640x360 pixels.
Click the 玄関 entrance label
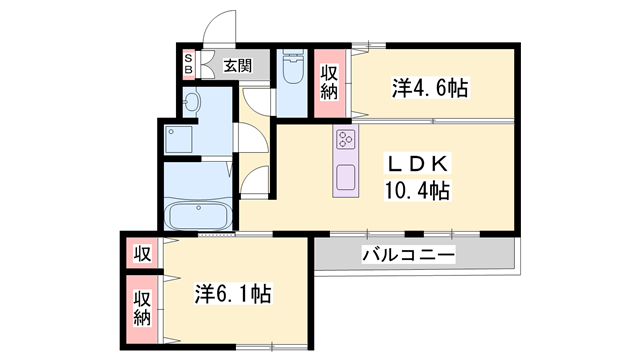pyautogui.click(x=238, y=67)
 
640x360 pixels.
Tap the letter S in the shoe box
pyautogui.click(x=188, y=58)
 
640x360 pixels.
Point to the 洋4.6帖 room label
pyautogui.click(x=429, y=89)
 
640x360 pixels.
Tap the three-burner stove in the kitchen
pyautogui.click(x=346, y=141)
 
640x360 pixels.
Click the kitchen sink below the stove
pyautogui.click(x=346, y=176)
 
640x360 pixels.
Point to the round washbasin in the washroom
pyautogui.click(x=194, y=102)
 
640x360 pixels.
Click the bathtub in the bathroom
pyautogui.click(x=198, y=216)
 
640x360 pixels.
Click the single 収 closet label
pyautogui.click(x=142, y=253)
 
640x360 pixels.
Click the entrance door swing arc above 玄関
pyautogui.click(x=219, y=28)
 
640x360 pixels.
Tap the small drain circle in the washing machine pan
pyautogui.click(x=172, y=131)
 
